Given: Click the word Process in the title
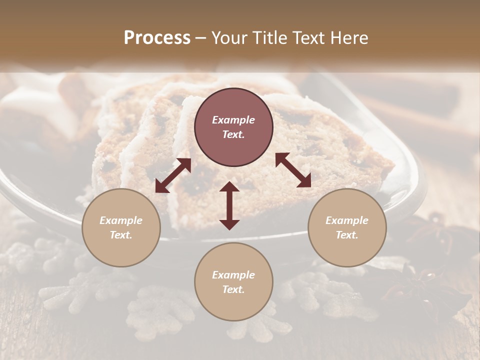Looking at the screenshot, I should point(157,38).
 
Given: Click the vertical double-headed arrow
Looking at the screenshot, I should point(229,205).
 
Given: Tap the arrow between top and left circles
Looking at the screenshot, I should point(173,175).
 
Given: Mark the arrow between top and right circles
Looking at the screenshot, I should point(293,170).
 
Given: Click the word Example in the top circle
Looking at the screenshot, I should point(233,120).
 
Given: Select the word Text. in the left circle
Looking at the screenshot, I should point(121,235).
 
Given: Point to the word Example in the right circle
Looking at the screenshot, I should point(347,220).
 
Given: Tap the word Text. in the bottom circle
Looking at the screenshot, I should point(233,289).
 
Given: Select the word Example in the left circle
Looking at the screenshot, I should point(121,220).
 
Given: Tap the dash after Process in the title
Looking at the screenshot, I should point(200,38).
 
